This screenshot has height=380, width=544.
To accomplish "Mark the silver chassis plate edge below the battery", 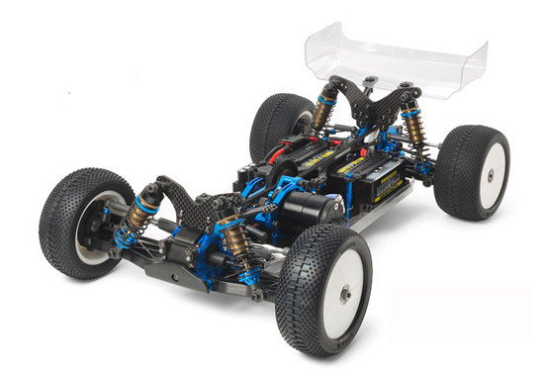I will [366, 214].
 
